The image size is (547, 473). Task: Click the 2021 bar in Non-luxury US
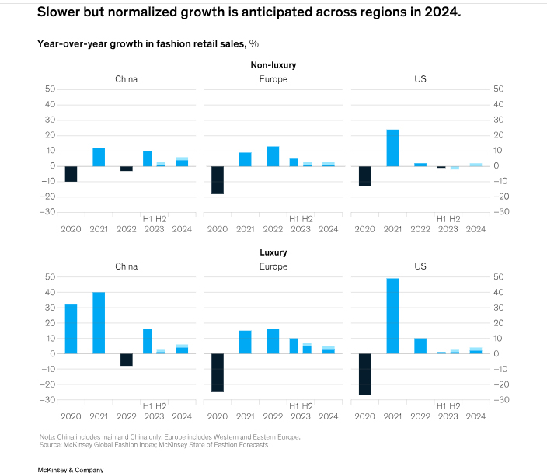click(392, 148)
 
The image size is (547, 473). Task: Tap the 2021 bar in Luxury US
click(392, 315)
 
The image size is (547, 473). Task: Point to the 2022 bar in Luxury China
click(127, 360)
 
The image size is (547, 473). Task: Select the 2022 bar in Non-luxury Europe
click(273, 156)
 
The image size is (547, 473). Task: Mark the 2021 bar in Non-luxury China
click(99, 157)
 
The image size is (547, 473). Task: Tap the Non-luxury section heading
click(273, 65)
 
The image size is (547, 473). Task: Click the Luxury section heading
click(273, 252)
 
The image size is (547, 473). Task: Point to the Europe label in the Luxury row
click(273, 266)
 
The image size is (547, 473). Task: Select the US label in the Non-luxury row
click(420, 79)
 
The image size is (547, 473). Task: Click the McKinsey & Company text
click(70, 469)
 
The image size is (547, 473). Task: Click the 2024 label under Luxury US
click(476, 416)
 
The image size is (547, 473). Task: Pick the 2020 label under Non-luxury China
click(71, 229)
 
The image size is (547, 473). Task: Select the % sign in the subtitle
click(254, 43)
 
